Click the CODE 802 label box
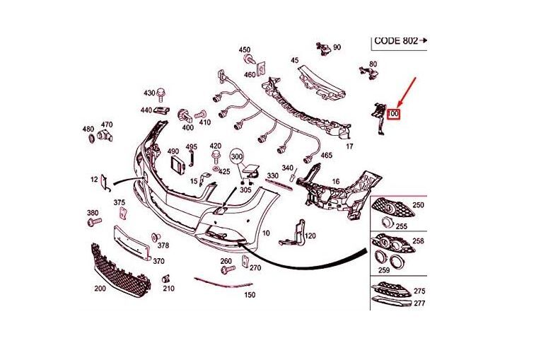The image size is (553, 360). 399,41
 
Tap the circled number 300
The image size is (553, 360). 236,156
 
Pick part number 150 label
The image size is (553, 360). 249,295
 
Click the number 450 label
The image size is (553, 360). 244,50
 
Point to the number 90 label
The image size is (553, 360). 337,47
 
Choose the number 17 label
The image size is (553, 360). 349,146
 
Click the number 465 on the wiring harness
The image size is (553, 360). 326,155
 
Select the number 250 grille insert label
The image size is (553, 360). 418,205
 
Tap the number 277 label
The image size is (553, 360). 419,303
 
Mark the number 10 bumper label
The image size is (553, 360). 266,233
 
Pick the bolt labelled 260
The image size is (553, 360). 226,271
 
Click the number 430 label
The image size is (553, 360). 149,93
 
